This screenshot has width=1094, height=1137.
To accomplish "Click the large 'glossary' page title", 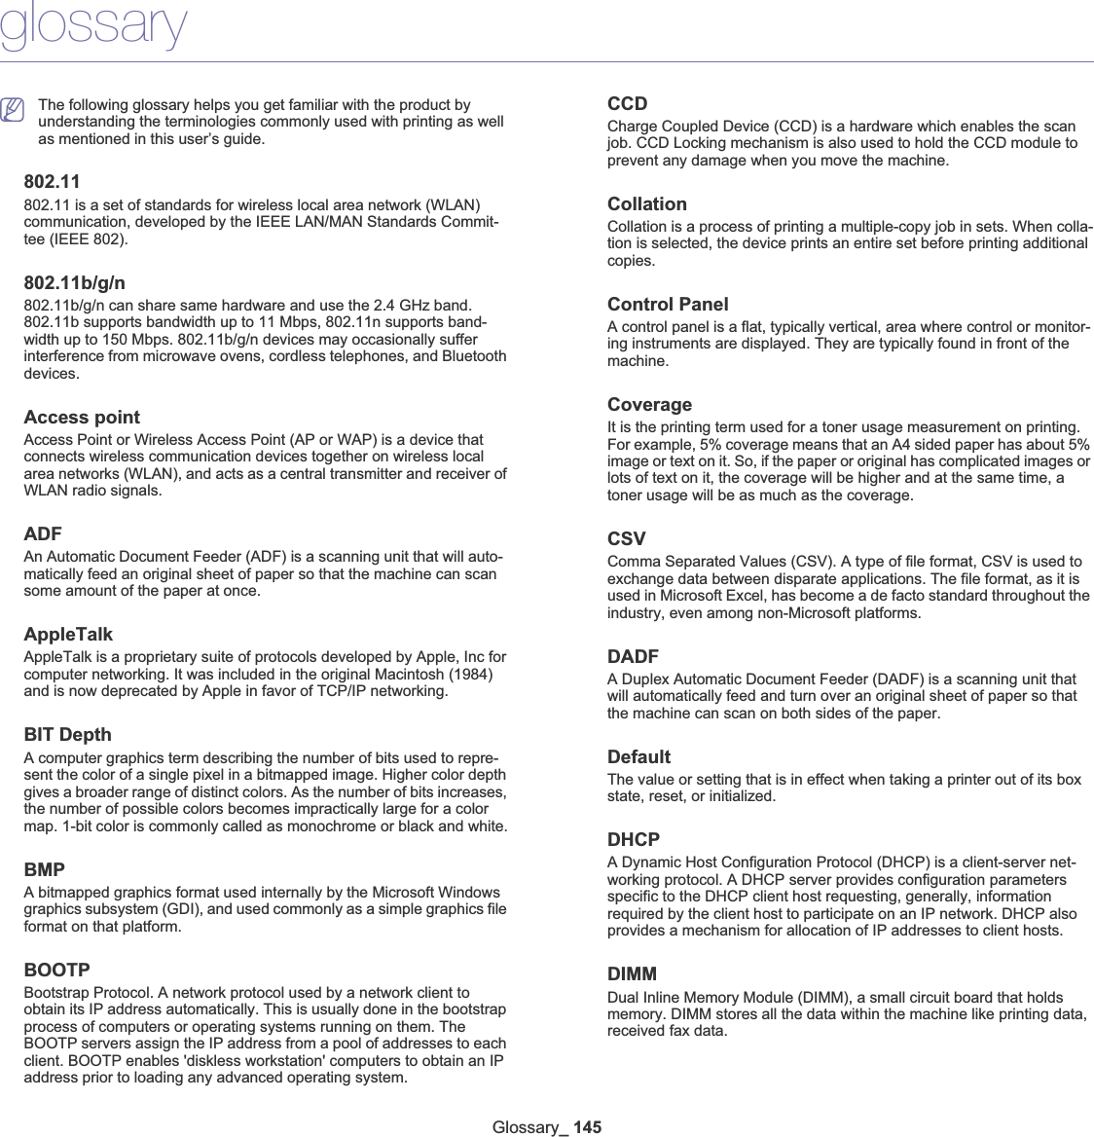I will click(93, 26).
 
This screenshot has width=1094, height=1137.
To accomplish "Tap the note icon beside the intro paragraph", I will click(13, 111).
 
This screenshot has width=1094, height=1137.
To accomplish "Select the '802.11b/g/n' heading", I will click(74, 283).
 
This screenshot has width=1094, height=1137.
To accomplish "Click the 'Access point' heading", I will click(82, 418).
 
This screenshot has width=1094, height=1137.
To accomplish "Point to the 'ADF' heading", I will click(43, 534).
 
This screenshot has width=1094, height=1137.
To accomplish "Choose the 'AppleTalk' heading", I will click(68, 635).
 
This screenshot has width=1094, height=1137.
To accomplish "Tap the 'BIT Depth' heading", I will click(67, 735).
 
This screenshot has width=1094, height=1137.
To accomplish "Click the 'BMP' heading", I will click(45, 869).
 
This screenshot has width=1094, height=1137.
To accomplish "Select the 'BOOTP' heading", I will click(56, 971).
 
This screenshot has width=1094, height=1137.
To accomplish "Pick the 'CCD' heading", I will click(627, 104).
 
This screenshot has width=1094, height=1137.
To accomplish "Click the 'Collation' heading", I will click(647, 204).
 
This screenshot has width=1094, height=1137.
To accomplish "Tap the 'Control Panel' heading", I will click(668, 305).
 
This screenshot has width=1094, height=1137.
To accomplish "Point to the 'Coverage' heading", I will click(649, 405).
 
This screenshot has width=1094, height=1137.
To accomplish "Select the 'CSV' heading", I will click(626, 539).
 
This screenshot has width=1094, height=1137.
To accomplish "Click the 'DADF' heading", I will click(633, 657).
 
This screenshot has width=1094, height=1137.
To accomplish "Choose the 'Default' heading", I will click(638, 757).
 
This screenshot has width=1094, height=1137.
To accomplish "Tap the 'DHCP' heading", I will click(634, 840).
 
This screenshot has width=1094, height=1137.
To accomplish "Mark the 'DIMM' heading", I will click(632, 974).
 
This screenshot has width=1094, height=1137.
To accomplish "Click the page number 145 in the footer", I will click(588, 1127).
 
